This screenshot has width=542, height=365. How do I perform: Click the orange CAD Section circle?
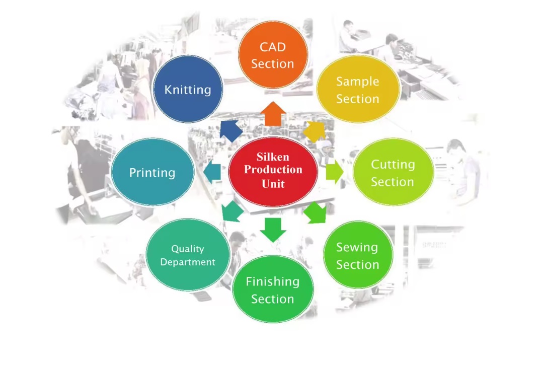click(273, 55)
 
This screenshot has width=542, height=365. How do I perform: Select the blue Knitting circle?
click(188, 90)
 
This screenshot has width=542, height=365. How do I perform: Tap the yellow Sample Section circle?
click(358, 90)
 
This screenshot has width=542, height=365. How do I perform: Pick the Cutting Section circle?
click(393, 173)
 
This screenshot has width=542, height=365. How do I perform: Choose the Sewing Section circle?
click(357, 255)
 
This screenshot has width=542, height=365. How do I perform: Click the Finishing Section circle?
click(273, 289)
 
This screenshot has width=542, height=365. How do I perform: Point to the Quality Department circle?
click(188, 255)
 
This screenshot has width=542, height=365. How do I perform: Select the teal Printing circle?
click(152, 173)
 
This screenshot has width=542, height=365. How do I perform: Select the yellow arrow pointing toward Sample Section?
click(315, 130)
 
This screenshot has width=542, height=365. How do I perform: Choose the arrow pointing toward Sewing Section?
click(315, 212)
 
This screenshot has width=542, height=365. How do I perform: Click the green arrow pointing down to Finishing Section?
click(273, 229)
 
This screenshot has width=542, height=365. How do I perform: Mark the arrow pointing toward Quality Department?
click(232, 211)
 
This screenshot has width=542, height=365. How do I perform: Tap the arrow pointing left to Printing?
click(212, 172)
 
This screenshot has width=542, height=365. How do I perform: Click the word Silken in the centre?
click(273, 157)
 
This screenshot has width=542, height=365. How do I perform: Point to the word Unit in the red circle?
click(273, 184)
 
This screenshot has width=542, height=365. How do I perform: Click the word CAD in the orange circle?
click(273, 47)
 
